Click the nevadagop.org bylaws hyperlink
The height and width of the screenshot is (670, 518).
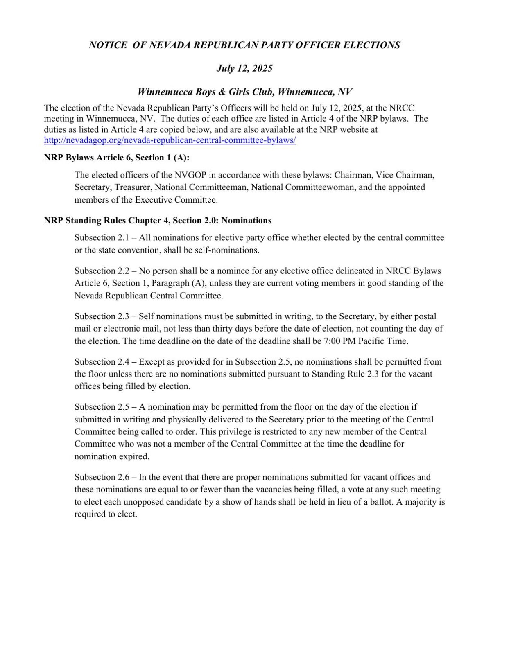[170, 140]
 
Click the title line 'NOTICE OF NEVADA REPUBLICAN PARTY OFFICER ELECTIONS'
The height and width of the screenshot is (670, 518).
[244, 45]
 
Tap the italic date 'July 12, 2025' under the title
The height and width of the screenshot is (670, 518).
[244, 68]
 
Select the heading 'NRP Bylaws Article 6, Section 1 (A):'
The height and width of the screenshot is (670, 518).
[117, 158]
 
